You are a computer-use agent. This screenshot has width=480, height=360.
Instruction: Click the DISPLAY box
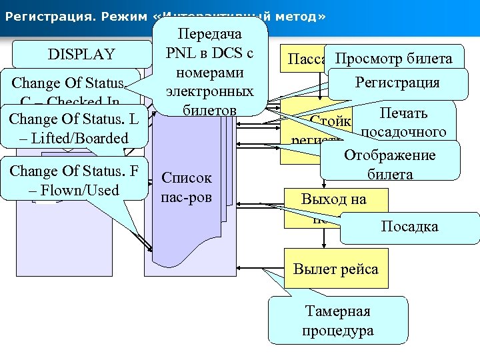pyautogui.click(x=81, y=54)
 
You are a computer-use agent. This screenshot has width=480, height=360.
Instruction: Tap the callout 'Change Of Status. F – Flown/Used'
pyautogui.click(x=74, y=180)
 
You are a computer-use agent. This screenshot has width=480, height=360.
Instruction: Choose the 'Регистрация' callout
pyautogui.click(x=397, y=83)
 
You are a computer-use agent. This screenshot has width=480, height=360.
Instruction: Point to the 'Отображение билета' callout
pyautogui.click(x=390, y=165)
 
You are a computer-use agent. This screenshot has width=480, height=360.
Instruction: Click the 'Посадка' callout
pyautogui.click(x=409, y=227)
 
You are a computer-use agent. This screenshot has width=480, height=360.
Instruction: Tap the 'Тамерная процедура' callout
pyautogui.click(x=337, y=321)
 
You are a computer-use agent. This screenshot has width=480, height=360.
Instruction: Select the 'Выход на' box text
pyautogui.click(x=333, y=199)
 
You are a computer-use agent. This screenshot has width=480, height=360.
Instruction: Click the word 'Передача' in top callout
pyautogui.click(x=211, y=32)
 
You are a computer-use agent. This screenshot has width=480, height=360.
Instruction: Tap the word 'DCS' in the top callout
pyautogui.click(x=229, y=51)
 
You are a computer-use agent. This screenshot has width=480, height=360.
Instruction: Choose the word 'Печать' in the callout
pyautogui.click(x=403, y=113)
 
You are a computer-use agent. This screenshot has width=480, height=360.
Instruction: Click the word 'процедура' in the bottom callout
pyautogui.click(x=337, y=331)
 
